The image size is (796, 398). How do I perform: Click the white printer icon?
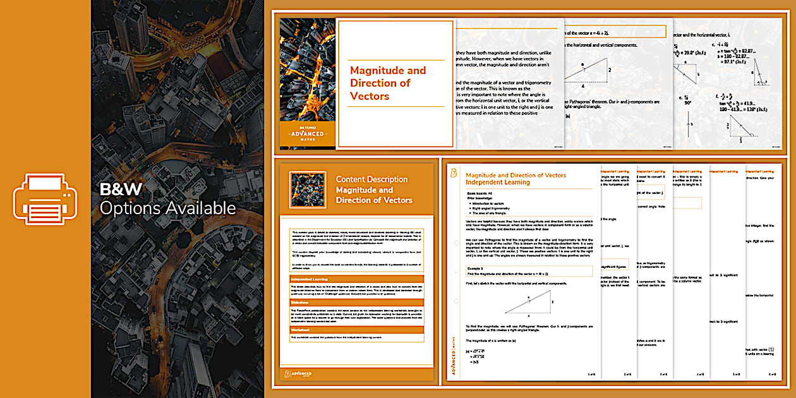pos(45,198)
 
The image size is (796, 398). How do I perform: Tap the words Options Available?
pos(167,208)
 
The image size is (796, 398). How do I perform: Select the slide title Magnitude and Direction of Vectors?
pos(388,83)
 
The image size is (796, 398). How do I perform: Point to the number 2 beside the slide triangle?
pos(609,70)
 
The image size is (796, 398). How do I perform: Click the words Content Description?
pos(371,179)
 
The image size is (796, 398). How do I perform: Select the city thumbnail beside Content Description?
pos(307,190)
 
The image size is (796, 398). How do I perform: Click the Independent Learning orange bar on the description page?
pos(357,279)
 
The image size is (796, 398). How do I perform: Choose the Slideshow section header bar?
pos(357,303)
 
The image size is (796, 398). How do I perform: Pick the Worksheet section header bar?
pos(357,329)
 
